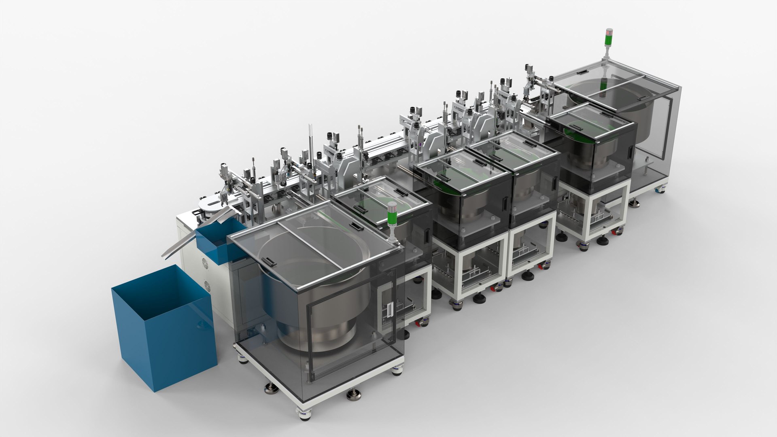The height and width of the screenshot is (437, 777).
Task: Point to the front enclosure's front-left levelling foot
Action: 271,389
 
